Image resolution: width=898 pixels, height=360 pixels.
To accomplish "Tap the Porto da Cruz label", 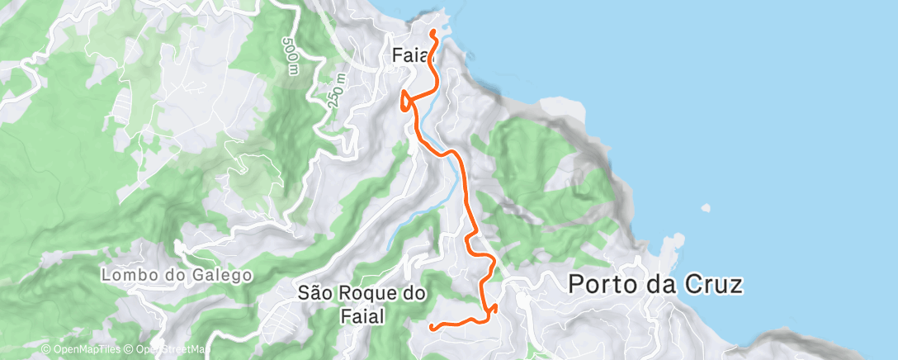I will click(656, 285).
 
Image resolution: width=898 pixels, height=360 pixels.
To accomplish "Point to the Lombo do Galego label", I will click(176, 274).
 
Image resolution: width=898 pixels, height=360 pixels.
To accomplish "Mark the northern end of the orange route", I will click(433, 32).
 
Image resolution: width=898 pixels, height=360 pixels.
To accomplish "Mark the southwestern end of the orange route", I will click(432, 328).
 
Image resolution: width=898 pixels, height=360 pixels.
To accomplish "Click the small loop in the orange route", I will click(404, 101).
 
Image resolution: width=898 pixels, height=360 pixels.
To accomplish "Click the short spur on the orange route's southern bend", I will click(494, 309).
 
